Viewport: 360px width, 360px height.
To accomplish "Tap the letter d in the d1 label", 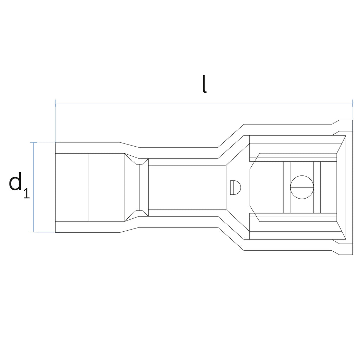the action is [x=15, y=181].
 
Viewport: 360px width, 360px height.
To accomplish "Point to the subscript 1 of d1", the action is [x=27, y=193].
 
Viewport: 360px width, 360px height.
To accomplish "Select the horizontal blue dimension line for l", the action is [x=204, y=103].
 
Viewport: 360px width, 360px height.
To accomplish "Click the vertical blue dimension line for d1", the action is [x=34, y=187].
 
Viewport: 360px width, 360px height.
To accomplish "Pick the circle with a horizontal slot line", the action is [x=302, y=187].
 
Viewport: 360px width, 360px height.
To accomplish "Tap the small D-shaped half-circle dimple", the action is [x=235, y=187].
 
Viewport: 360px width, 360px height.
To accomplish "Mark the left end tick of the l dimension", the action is [x=56, y=103].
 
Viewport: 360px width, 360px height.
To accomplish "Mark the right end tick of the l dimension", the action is [x=352, y=103].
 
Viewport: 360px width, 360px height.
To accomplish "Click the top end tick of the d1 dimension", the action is [x=34, y=142].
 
